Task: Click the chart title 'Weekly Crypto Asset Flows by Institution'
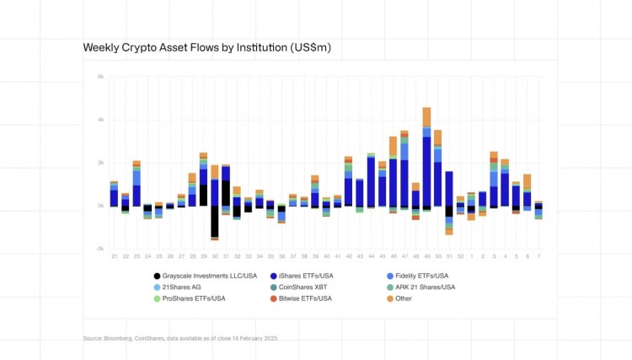(206, 48)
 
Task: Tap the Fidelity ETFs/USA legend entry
(416, 276)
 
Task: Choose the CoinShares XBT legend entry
(305, 287)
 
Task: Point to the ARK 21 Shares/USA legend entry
(420, 287)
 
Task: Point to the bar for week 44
(371, 181)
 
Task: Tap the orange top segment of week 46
(393, 146)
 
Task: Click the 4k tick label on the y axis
(100, 120)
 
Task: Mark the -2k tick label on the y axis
(100, 250)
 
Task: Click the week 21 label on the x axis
(115, 255)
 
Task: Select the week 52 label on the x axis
(460, 255)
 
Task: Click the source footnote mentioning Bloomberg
(179, 337)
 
